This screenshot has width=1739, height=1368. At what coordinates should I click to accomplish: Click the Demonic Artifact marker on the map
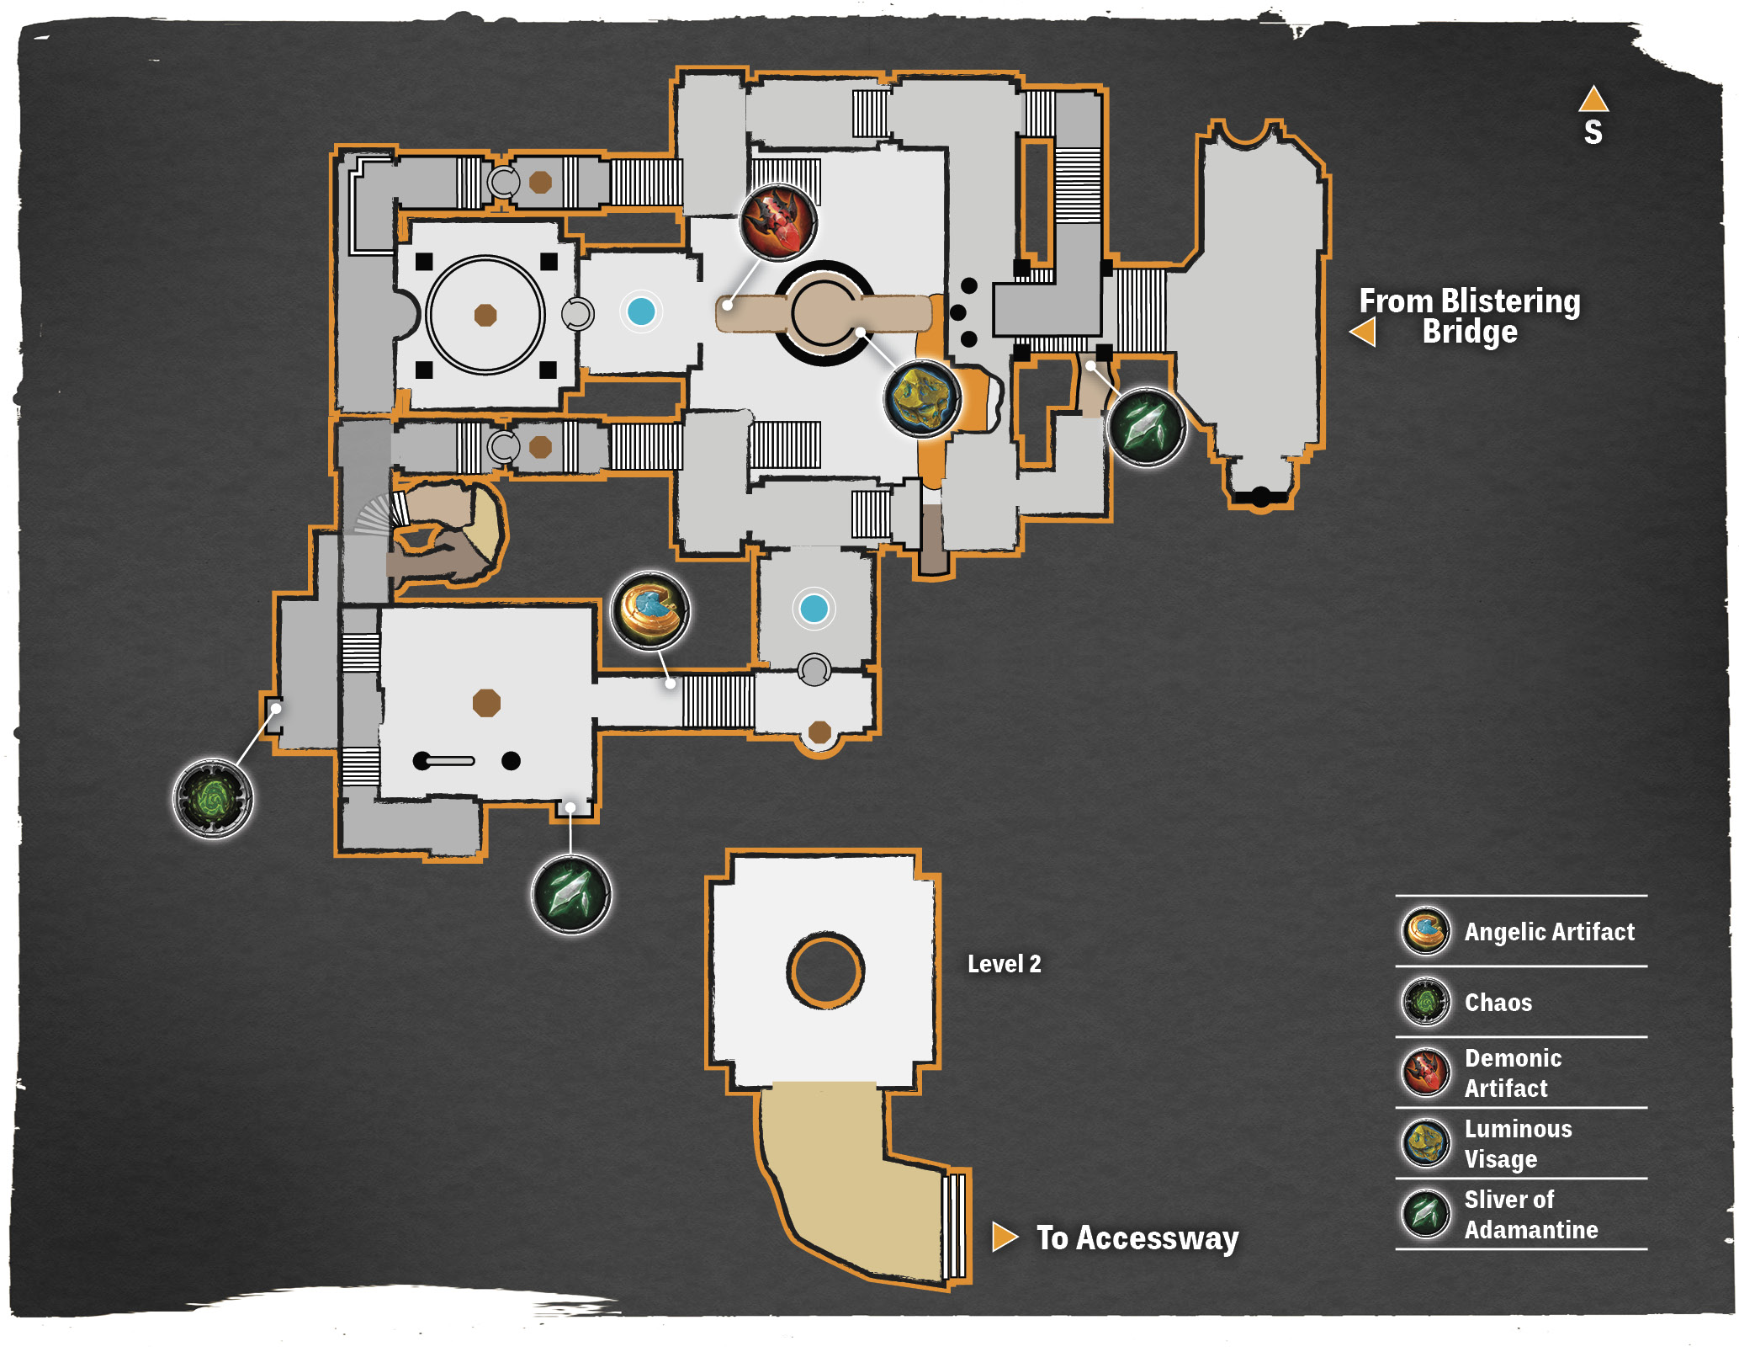778,223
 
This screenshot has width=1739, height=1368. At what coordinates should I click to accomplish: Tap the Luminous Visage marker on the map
923,398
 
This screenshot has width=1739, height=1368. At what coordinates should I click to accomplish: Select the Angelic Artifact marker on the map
649,610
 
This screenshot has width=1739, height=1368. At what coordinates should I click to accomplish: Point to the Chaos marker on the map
212,798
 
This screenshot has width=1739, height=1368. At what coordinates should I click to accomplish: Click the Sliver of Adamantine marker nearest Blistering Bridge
1147,427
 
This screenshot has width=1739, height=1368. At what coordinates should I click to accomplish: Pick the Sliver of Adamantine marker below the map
571,894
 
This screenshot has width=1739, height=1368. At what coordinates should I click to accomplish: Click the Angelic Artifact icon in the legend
1425,932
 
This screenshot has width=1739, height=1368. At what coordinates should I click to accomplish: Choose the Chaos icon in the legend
1425,1003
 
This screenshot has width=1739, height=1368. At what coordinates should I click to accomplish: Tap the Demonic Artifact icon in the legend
1425,1073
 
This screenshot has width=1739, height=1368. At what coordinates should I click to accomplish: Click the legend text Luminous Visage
1518,1144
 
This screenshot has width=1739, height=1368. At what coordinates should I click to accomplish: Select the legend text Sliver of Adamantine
1531,1215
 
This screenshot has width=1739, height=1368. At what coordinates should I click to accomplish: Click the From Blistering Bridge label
1470,316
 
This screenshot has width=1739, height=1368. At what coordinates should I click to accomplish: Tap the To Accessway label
1137,1238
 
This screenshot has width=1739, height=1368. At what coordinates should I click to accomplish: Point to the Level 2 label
1004,964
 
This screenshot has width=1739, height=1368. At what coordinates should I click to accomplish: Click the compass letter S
1593,132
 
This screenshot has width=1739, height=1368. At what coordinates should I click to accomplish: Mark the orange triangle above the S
1593,99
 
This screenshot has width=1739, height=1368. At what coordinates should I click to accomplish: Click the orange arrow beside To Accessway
1005,1237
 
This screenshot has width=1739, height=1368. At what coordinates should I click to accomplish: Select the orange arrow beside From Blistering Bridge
1363,332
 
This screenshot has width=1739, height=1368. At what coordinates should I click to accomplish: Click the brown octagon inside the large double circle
485,315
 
